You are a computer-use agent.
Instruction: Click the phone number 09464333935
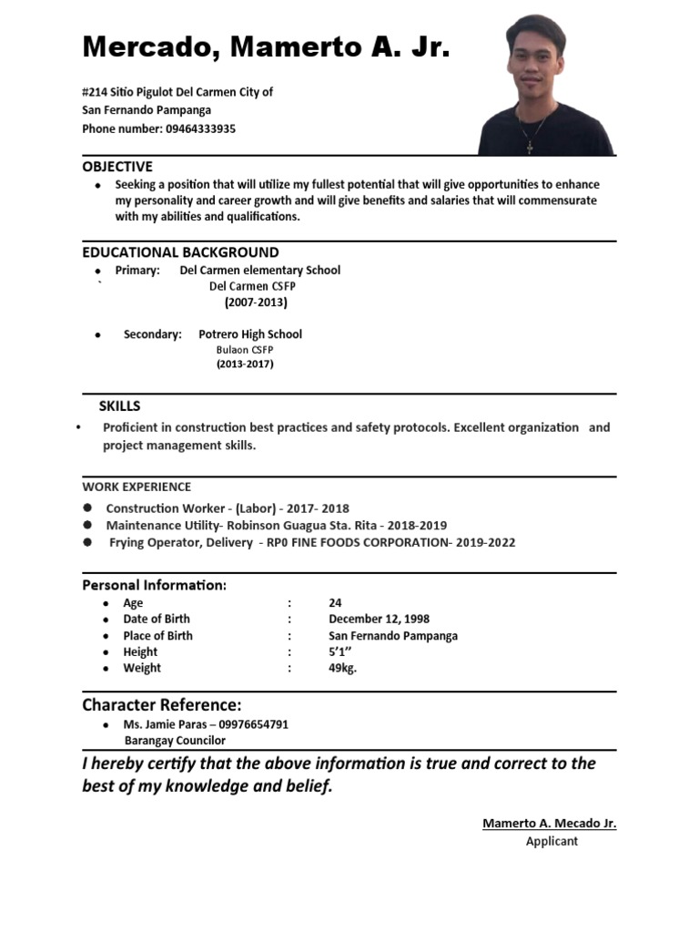[x=200, y=129]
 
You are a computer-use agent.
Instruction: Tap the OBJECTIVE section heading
[x=117, y=167]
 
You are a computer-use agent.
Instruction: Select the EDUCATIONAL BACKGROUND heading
[x=180, y=252]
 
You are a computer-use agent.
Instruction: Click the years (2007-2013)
[x=256, y=302]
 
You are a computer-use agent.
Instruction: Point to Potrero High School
[x=250, y=334]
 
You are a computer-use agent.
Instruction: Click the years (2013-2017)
[x=245, y=364]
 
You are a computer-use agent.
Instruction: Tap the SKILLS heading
[x=119, y=405]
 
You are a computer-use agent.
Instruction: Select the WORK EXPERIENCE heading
[x=137, y=487]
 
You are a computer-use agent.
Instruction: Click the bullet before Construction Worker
[x=87, y=508]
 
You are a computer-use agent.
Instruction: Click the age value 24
[x=336, y=603]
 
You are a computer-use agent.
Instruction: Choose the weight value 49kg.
[x=343, y=668]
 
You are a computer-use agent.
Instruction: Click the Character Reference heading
[x=162, y=705]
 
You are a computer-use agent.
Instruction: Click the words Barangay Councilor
[x=175, y=741]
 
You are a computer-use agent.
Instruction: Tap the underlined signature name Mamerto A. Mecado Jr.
[x=549, y=824]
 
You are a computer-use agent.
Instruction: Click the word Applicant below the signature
[x=552, y=841]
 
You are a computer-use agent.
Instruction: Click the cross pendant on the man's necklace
[x=528, y=146]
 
